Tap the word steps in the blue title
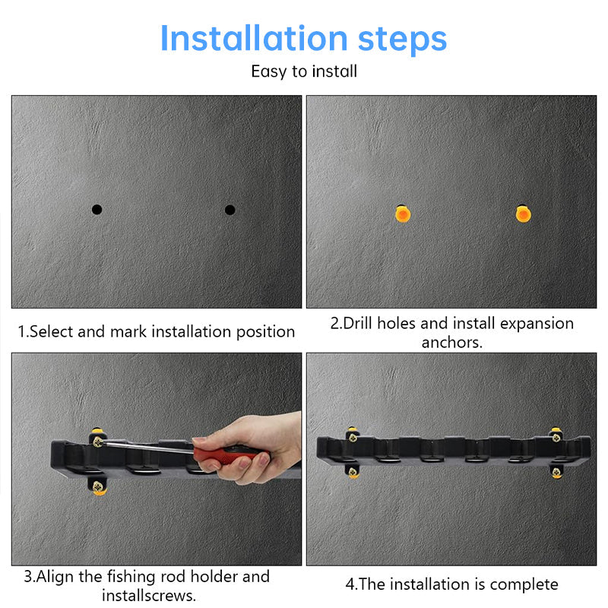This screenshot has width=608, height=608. (401, 38)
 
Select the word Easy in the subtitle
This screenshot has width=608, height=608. (267, 71)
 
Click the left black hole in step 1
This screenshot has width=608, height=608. (97, 209)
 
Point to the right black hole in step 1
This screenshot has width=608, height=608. (230, 209)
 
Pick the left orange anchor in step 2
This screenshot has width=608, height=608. (402, 214)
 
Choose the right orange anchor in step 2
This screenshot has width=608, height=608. (523, 214)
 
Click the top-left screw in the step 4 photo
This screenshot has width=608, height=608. (352, 436)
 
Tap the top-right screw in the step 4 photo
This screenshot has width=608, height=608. (556, 436)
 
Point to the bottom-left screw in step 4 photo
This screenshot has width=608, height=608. (353, 472)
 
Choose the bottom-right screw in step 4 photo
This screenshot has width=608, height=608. (556, 473)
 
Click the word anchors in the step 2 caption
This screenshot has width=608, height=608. (451, 342)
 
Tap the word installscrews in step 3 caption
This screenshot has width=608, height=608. (148, 595)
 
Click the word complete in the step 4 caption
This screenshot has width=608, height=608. (524, 584)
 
